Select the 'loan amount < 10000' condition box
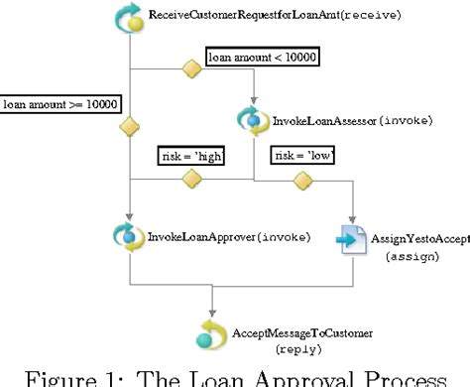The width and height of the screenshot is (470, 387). point(262,59)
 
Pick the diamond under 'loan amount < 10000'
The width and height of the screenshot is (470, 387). point(191,69)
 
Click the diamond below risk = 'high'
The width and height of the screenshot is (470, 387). point(190,179)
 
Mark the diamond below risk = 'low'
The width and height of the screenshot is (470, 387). point(302,179)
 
